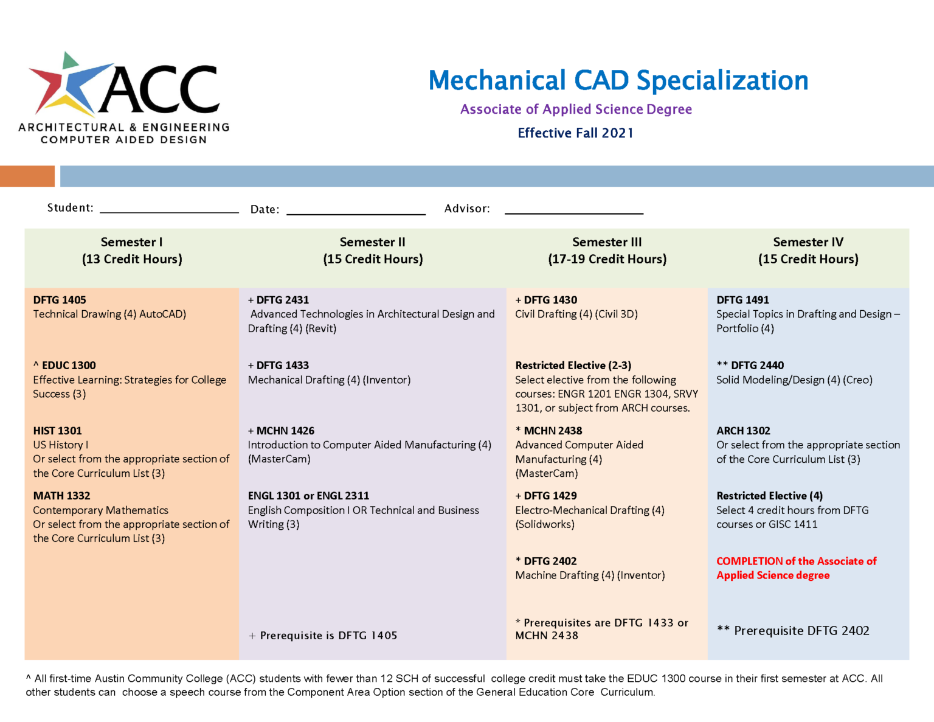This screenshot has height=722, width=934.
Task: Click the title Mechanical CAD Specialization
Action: coord(618,80)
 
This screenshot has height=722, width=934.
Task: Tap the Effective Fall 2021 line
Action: coord(575,133)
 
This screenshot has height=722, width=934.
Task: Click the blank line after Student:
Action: coord(169,210)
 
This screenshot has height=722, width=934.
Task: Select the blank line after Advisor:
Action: coord(573,212)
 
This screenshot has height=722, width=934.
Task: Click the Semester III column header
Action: coord(607,251)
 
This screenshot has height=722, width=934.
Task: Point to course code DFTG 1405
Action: coord(60,300)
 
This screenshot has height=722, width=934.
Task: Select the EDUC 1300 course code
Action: coord(69,366)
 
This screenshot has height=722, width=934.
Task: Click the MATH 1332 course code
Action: coord(61,496)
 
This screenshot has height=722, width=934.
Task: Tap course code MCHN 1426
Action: coord(285,431)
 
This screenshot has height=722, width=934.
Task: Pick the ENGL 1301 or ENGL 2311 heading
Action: coord(308,496)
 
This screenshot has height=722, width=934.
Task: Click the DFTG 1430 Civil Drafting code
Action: coord(550,300)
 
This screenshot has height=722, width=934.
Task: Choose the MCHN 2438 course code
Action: coord(553,431)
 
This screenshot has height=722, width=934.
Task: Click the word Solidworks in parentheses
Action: coord(545,524)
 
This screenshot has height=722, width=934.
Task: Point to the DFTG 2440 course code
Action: coord(757,366)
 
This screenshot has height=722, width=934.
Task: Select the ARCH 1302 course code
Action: coord(743,431)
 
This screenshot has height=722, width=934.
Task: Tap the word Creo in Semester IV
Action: coord(858,380)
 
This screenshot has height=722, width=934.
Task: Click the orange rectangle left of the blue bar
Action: coord(27,176)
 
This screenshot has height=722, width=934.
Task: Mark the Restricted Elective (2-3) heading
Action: coord(573,366)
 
